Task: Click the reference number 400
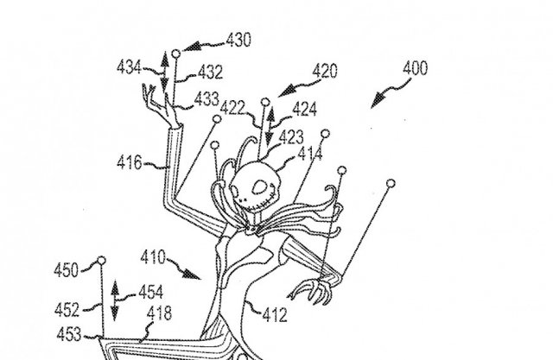(x=415, y=68)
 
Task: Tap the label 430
(x=238, y=40)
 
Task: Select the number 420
(x=325, y=71)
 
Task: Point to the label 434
(x=129, y=67)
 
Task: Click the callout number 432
(x=210, y=73)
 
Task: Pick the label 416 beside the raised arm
(x=130, y=163)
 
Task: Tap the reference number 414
(x=310, y=154)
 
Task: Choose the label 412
(x=275, y=315)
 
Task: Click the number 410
(x=153, y=257)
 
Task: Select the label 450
(x=66, y=270)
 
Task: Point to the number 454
(x=151, y=292)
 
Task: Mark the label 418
(x=159, y=313)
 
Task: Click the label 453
(x=69, y=334)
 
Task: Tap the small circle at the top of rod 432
(x=176, y=54)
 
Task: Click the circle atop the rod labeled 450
(x=102, y=261)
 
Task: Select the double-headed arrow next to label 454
(x=115, y=300)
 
